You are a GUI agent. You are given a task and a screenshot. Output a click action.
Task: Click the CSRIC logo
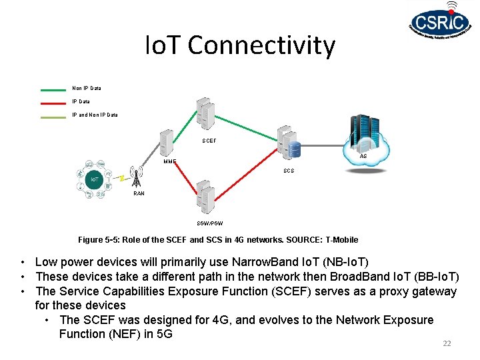(x=441, y=27)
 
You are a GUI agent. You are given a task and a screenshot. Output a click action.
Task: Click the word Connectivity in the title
(x=262, y=45)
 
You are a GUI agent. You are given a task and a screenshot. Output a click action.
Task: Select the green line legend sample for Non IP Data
(x=53, y=89)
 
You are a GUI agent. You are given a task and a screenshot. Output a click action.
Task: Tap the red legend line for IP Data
(x=53, y=102)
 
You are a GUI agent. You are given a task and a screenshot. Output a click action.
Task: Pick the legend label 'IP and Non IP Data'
(x=95, y=115)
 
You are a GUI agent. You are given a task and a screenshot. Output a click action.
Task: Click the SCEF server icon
(x=206, y=113)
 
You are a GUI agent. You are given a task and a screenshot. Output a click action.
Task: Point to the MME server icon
(x=167, y=142)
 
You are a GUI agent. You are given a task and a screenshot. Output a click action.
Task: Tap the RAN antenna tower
(x=137, y=176)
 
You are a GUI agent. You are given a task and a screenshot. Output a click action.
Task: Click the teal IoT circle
(x=95, y=179)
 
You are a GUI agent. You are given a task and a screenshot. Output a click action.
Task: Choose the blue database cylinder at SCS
(x=294, y=149)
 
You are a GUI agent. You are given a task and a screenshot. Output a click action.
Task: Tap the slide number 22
(x=447, y=343)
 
